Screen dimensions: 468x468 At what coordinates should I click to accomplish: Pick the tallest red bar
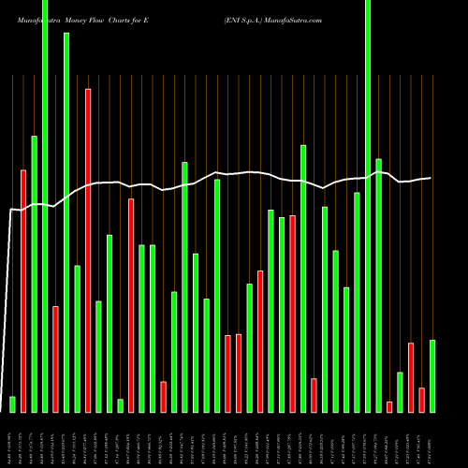(88, 250)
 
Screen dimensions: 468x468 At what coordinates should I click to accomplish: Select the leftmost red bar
(23, 290)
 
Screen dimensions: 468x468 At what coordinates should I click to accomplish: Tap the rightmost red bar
(421, 400)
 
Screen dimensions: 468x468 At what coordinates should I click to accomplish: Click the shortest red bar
(389, 406)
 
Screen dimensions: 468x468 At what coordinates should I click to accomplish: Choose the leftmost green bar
(12, 403)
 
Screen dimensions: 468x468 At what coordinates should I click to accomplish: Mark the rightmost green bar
(432, 375)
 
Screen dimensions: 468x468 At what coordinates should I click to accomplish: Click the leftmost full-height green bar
(45, 206)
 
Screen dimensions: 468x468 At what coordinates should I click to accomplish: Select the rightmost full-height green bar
(368, 206)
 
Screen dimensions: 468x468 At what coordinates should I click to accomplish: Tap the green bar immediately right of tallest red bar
(98, 356)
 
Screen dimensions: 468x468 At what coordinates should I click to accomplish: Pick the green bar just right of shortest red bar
(400, 391)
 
